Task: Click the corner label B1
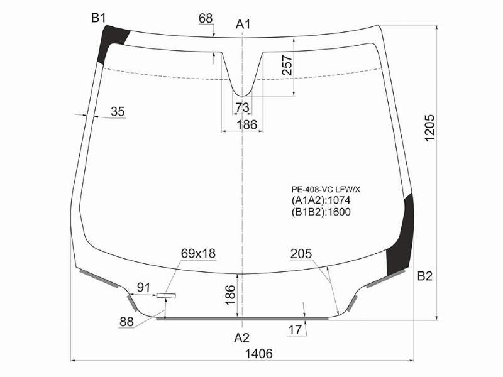(x=99, y=18)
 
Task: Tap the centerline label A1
(x=243, y=25)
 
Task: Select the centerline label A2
(x=241, y=338)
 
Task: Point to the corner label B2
(x=425, y=276)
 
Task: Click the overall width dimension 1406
(x=259, y=354)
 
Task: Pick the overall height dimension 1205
(x=429, y=128)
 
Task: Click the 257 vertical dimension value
(x=287, y=65)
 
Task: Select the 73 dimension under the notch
(x=242, y=107)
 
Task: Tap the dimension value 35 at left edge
(x=118, y=112)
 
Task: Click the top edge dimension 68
(x=206, y=18)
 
